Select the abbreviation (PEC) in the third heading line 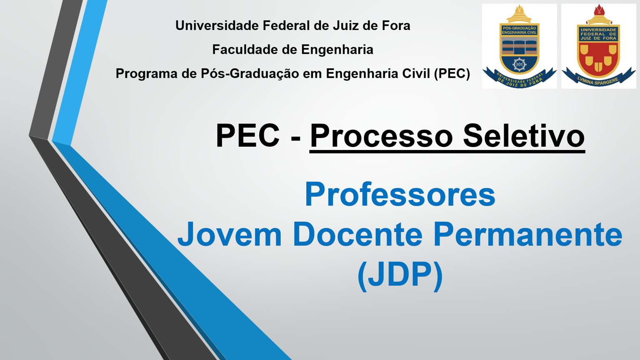[x=452, y=74]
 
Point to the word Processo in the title [x=381, y=136]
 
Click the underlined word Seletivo [x=524, y=136]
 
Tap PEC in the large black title [x=247, y=136]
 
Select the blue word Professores [x=400, y=194]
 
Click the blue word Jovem [x=230, y=234]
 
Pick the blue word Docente [x=357, y=234]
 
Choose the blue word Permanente [x=527, y=234]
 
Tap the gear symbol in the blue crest [x=519, y=65]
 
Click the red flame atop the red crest [x=599, y=10]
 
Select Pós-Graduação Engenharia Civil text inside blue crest [x=519, y=30]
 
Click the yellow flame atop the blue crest [x=519, y=9]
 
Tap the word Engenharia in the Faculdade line [x=337, y=50]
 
